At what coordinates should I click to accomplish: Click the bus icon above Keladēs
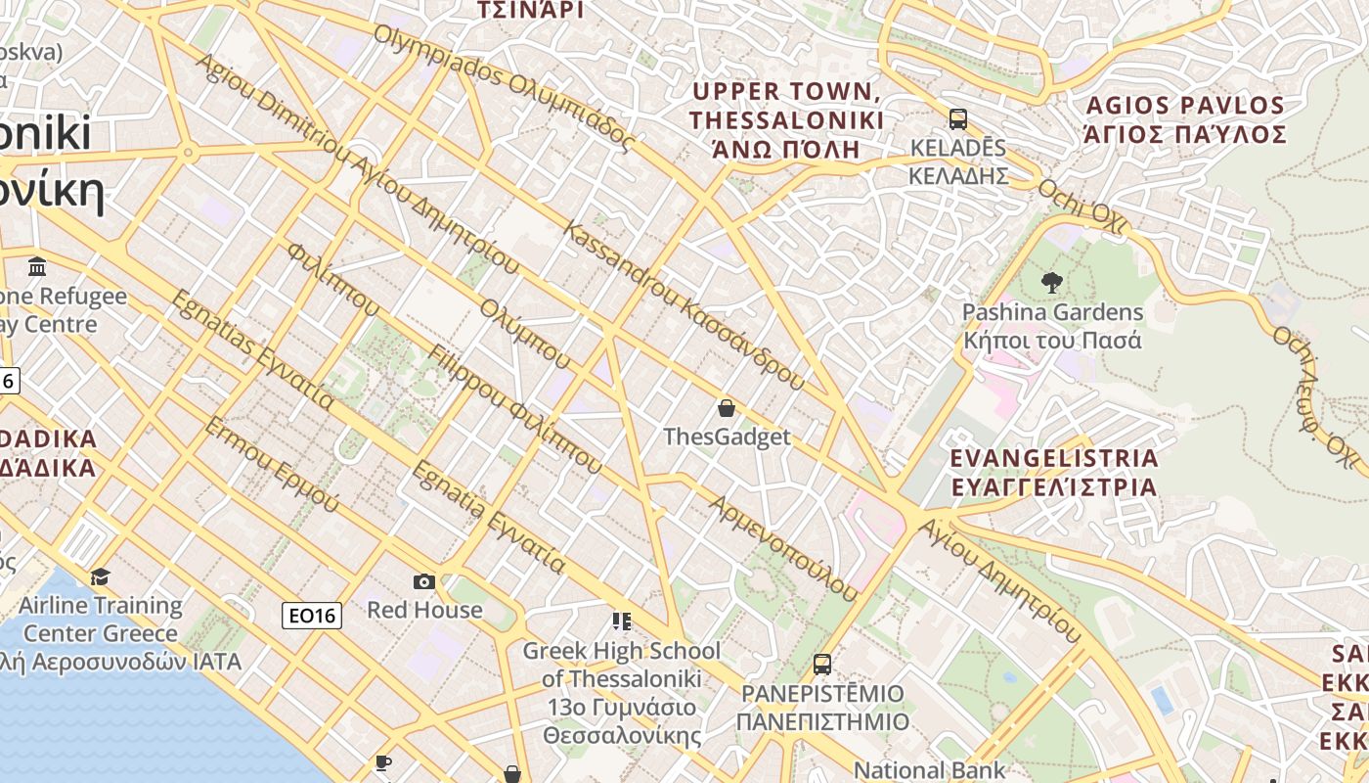(958, 119)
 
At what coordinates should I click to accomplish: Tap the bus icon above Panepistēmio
(822, 665)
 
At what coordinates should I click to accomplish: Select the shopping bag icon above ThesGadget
(726, 407)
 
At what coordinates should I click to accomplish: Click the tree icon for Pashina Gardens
(1052, 283)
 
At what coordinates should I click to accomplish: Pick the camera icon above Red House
(423, 581)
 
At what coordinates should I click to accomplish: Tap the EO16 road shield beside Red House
(312, 615)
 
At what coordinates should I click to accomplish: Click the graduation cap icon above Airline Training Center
(100, 576)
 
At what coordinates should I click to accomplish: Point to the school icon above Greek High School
(621, 622)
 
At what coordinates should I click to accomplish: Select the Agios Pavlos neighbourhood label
(1184, 119)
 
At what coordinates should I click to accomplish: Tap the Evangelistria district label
(1054, 472)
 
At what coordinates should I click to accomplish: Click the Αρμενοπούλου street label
(783, 548)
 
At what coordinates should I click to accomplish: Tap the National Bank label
(929, 770)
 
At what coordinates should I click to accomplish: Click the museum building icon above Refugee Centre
(37, 266)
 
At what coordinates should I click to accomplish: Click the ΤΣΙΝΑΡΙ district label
(529, 10)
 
